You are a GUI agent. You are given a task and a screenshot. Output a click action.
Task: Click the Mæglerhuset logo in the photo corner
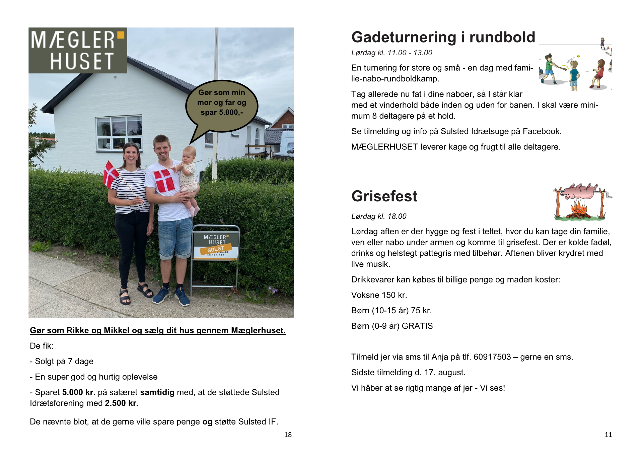click(x=78, y=50)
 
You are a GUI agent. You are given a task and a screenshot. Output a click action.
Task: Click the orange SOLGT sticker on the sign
click(x=215, y=249)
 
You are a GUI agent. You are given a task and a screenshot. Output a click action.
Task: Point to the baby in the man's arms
click(x=189, y=174)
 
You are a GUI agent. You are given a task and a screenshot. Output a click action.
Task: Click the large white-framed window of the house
click(x=119, y=133)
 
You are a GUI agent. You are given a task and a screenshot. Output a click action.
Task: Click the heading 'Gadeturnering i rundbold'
click(x=443, y=37)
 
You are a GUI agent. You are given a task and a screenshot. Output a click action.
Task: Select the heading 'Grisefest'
click(x=384, y=196)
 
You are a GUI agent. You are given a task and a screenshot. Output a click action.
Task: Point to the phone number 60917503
click(x=492, y=357)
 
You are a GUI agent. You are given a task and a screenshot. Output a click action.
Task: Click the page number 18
click(x=288, y=435)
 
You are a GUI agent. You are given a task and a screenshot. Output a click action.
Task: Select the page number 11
click(x=608, y=435)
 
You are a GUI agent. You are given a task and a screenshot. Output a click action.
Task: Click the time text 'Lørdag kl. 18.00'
click(x=379, y=216)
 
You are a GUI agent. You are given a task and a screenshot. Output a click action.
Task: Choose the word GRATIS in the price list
click(x=417, y=326)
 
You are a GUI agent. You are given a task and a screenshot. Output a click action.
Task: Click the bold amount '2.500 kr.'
click(x=122, y=403)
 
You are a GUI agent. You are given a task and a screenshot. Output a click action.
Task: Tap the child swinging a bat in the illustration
click(x=550, y=69)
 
